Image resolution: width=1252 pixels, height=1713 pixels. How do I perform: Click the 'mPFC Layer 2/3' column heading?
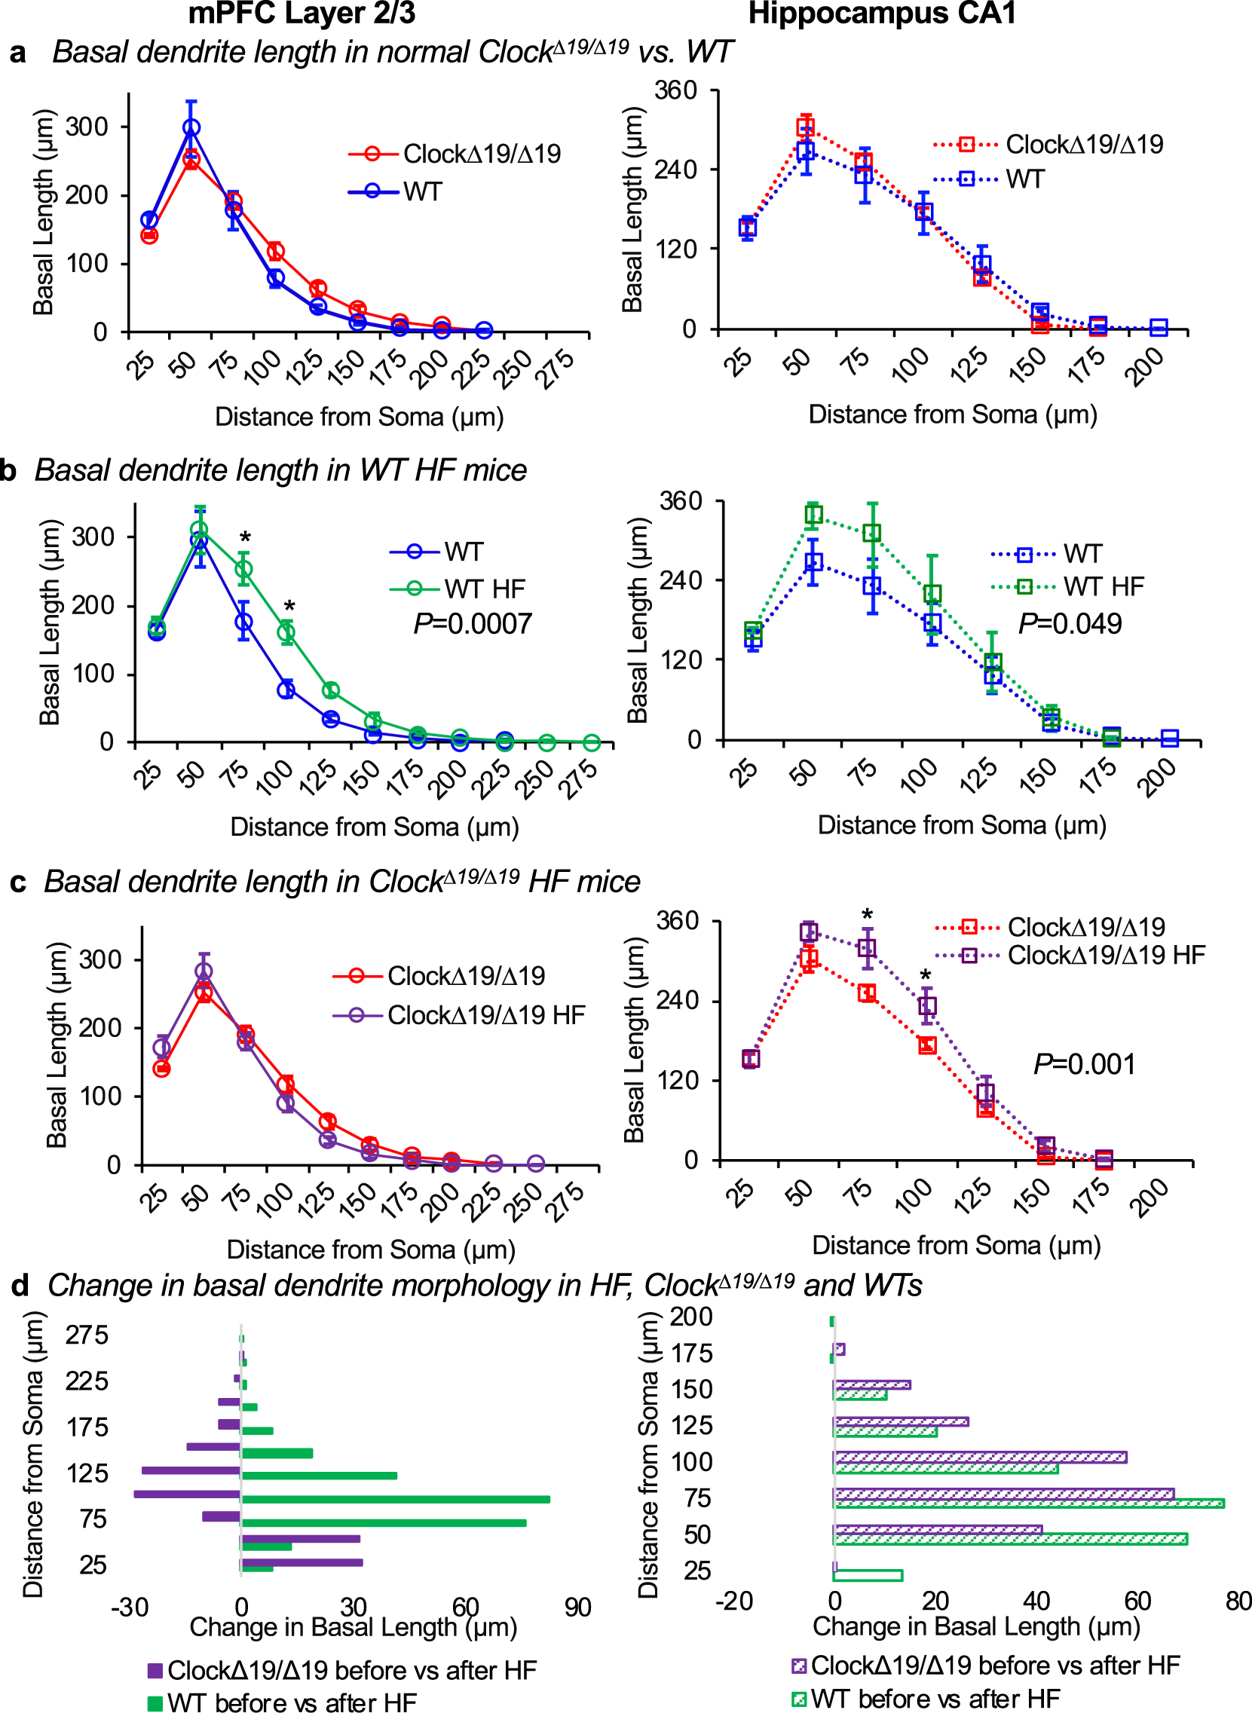302,14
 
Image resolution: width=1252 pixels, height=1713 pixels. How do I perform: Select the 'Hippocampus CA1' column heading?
882,14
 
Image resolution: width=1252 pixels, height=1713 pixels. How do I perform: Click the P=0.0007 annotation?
473,624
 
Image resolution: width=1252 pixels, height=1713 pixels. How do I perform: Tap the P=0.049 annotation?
1070,624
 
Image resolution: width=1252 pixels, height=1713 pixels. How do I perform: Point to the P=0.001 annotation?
1085,1064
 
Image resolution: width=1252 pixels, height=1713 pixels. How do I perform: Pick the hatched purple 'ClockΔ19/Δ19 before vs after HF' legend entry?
985,1666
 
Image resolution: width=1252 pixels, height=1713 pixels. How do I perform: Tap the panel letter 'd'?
20,1286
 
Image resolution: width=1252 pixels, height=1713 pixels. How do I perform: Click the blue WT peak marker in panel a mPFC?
191,128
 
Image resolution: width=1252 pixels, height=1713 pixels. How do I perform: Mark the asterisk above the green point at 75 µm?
245,539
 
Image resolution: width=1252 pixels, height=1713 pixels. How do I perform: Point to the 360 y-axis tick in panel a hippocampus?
676,91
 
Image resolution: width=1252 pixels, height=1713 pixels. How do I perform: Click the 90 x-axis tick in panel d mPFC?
577,1607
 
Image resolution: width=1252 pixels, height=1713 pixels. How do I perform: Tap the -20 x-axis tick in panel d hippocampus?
733,1601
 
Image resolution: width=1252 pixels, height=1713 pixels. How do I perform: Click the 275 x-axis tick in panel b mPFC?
580,779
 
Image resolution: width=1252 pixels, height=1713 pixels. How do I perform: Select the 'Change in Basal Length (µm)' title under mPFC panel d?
354,1626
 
